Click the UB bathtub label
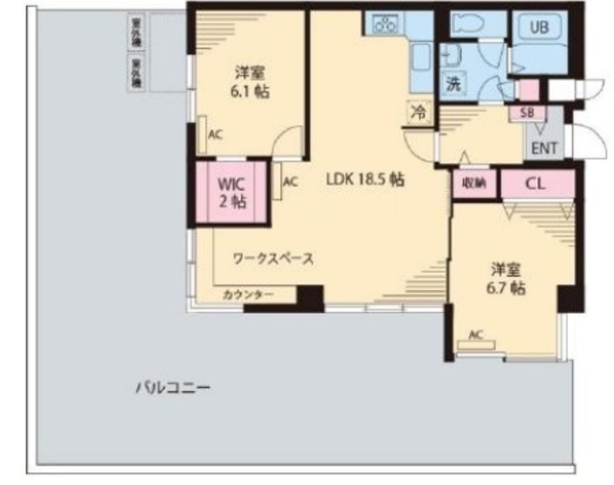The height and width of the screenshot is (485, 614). coord(539,27)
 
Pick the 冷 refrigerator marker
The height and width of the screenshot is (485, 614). coord(418,111)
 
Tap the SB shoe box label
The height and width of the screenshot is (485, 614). coord(527,111)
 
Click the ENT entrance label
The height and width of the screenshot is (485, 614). coord(544,148)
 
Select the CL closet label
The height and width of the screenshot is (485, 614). coord(535,182)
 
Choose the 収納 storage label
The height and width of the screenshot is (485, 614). coord(474,182)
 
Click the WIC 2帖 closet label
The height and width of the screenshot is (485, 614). coord(231,190)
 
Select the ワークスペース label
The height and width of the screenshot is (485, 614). coord(273,258)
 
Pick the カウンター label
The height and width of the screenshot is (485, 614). coord(248,294)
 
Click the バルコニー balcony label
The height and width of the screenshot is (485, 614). coord(172,388)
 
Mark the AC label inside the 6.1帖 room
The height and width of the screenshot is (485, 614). coord(214,134)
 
